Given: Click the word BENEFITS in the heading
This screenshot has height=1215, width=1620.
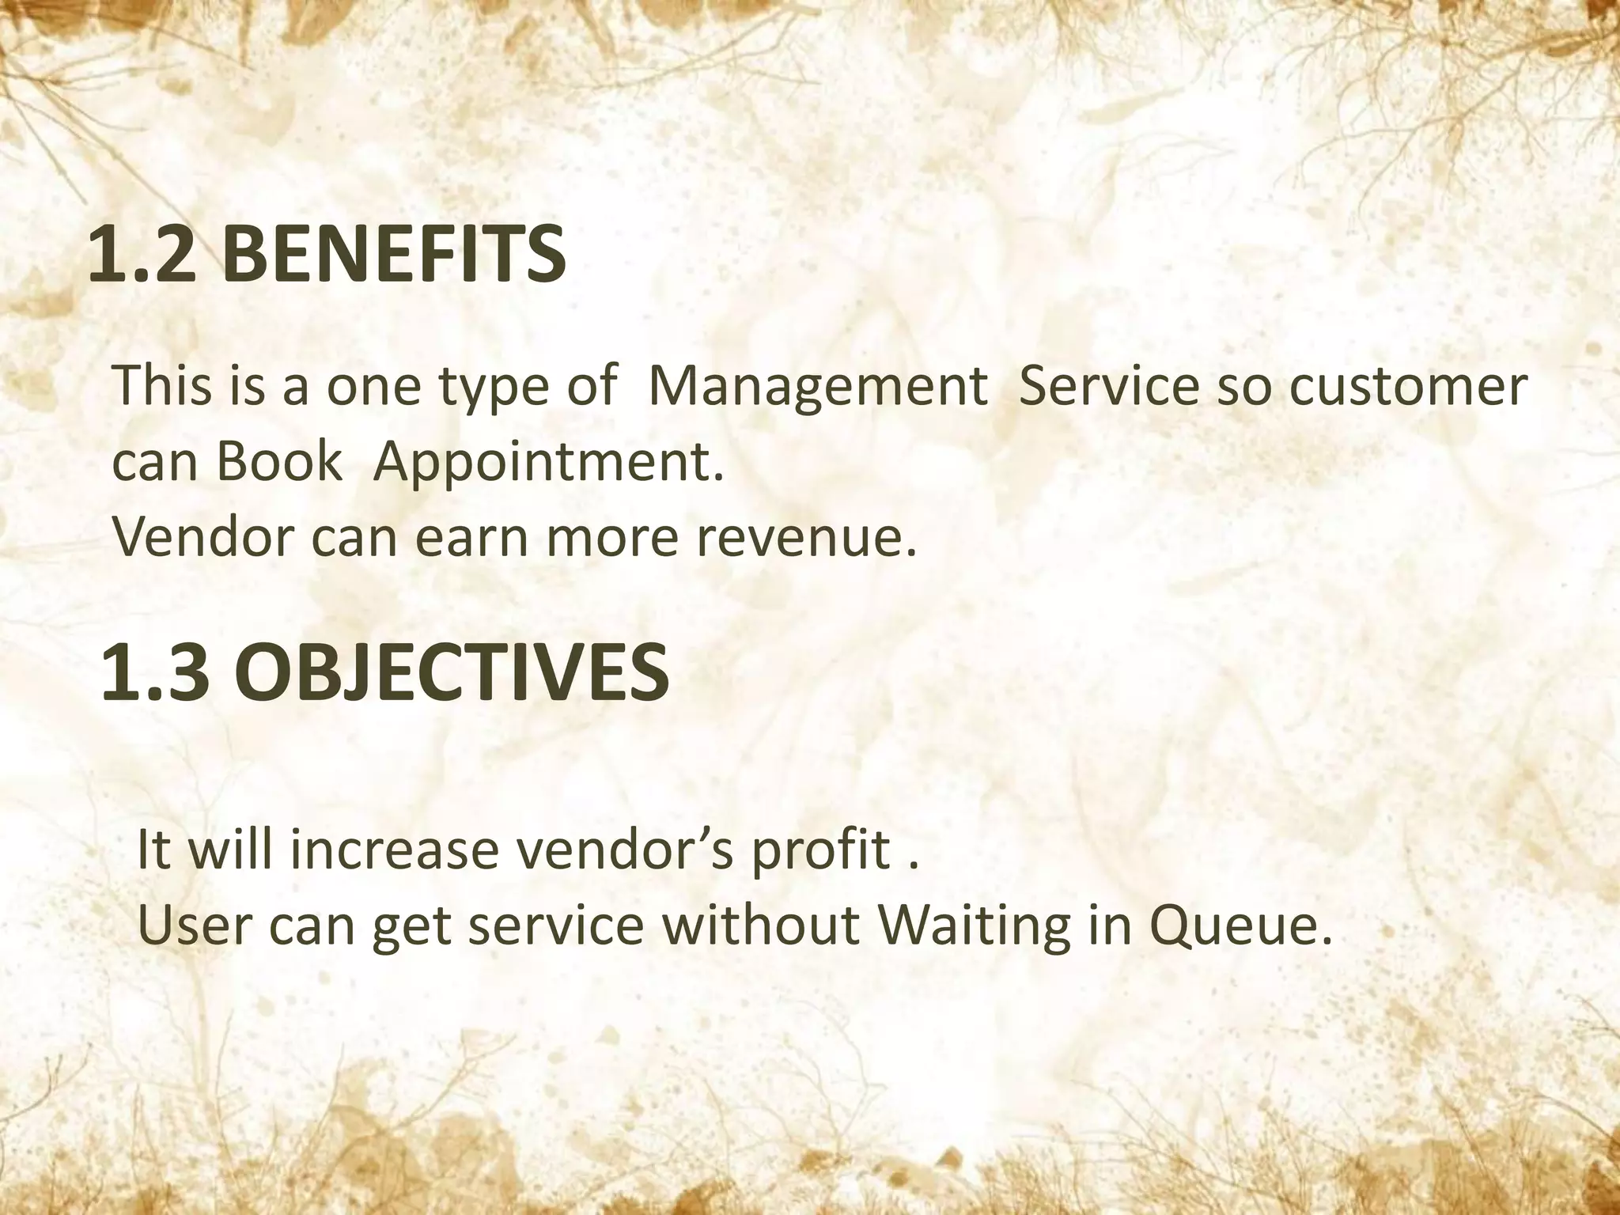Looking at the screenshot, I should click(x=393, y=255).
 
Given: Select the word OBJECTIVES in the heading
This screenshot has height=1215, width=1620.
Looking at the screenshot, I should click(x=452, y=673).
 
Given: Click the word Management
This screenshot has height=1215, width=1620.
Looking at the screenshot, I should click(x=817, y=387).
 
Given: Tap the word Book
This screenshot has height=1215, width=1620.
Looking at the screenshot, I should click(x=277, y=462).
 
